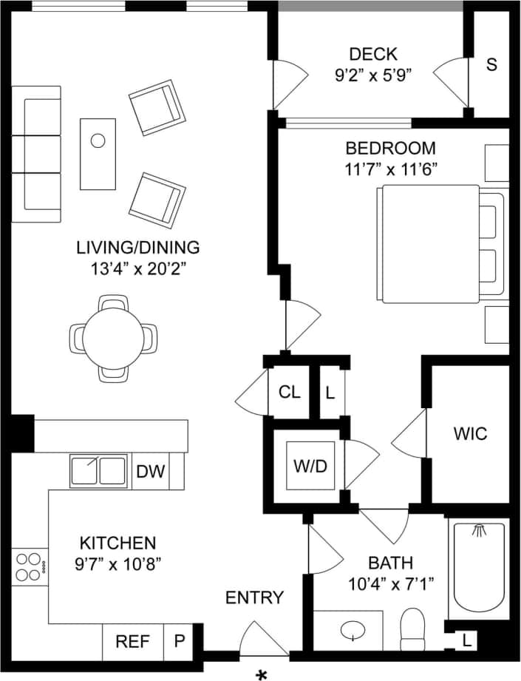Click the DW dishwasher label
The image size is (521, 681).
[x=151, y=470]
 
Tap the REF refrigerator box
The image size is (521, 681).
[x=133, y=641]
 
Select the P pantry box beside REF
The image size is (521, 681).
[x=179, y=641]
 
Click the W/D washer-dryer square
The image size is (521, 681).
[x=310, y=466]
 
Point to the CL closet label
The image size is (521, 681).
[x=289, y=392]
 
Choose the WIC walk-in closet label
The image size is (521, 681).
[x=470, y=433]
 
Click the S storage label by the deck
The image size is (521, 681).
[x=491, y=64]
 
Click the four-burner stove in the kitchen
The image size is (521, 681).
[x=30, y=566]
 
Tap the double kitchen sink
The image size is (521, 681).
[x=98, y=470]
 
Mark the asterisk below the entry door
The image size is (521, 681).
[x=261, y=674]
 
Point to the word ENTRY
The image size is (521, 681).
[x=254, y=597]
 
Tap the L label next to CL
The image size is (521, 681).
[x=330, y=392]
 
